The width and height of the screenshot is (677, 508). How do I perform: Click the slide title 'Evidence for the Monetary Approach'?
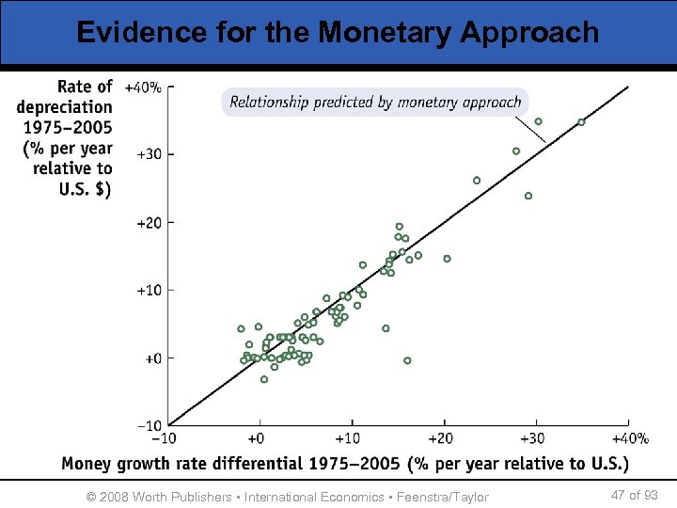338,32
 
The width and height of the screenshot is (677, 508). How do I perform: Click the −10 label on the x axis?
164,438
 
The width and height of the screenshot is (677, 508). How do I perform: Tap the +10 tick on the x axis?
349,438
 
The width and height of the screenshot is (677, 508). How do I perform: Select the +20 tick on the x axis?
441,438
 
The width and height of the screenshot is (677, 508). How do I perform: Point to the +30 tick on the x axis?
533,438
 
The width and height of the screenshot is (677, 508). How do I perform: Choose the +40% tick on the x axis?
630,438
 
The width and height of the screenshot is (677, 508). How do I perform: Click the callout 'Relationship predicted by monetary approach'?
375,102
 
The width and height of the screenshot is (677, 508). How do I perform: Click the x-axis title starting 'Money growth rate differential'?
345,464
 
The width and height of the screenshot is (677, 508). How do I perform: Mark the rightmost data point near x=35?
581,122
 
